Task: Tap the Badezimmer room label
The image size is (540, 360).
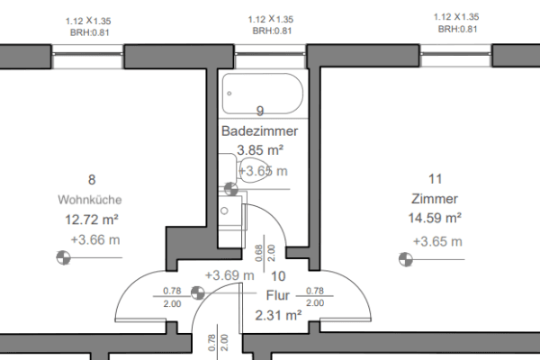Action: (x=259, y=131)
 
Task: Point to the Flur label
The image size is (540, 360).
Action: (x=278, y=294)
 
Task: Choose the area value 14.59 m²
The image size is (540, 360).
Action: (x=435, y=219)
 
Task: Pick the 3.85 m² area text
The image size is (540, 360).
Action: (x=261, y=150)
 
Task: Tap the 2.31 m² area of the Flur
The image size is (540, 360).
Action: (x=277, y=315)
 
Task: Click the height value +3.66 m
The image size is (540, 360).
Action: (x=94, y=239)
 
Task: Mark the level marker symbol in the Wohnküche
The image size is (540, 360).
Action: (x=62, y=258)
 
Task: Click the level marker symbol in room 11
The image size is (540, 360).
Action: (x=404, y=259)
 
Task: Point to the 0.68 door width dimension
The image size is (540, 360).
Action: (x=258, y=253)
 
